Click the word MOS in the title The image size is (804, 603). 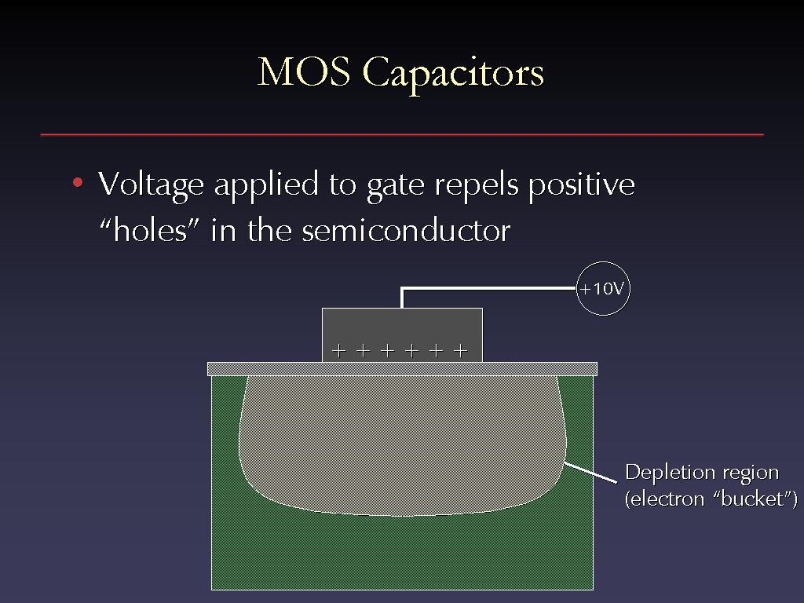click(x=304, y=71)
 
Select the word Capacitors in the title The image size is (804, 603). click(x=453, y=75)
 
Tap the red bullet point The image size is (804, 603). click(x=78, y=182)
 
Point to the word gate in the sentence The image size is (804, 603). click(x=396, y=187)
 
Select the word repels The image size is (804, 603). click(x=477, y=186)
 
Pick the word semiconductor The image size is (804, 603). click(x=406, y=231)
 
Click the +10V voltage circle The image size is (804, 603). click(x=602, y=289)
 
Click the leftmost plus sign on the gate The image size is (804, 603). click(x=338, y=351)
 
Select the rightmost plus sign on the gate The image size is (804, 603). click(x=460, y=351)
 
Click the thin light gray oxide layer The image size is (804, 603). click(x=402, y=369)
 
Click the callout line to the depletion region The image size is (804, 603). click(x=590, y=472)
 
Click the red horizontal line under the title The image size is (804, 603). click(x=402, y=135)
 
